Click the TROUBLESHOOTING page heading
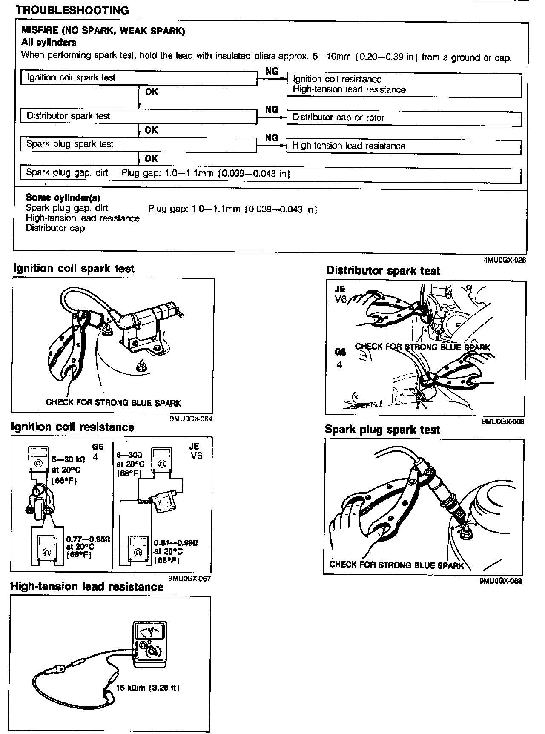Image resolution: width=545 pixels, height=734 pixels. [72, 10]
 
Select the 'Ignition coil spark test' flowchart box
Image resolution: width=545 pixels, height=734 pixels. [138, 78]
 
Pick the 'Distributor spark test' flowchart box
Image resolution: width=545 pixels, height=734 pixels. [138, 116]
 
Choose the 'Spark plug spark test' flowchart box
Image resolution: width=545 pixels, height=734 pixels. [138, 144]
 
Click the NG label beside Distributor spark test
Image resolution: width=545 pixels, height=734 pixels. [272, 110]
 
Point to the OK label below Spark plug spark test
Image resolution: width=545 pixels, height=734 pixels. [151, 159]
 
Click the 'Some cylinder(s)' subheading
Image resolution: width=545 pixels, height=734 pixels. [63, 198]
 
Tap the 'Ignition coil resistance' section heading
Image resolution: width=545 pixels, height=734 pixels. [72, 427]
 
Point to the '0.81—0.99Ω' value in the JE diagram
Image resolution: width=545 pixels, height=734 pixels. [176, 543]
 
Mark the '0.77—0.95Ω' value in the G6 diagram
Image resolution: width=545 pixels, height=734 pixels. [88, 539]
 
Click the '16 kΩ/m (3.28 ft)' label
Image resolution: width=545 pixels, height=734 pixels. [147, 688]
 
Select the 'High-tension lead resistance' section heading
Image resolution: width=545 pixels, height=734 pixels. [87, 587]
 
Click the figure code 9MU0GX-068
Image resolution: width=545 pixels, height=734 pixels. [500, 581]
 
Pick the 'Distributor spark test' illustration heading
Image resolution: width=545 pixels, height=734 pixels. [383, 271]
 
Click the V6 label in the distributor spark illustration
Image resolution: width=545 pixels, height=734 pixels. [341, 299]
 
